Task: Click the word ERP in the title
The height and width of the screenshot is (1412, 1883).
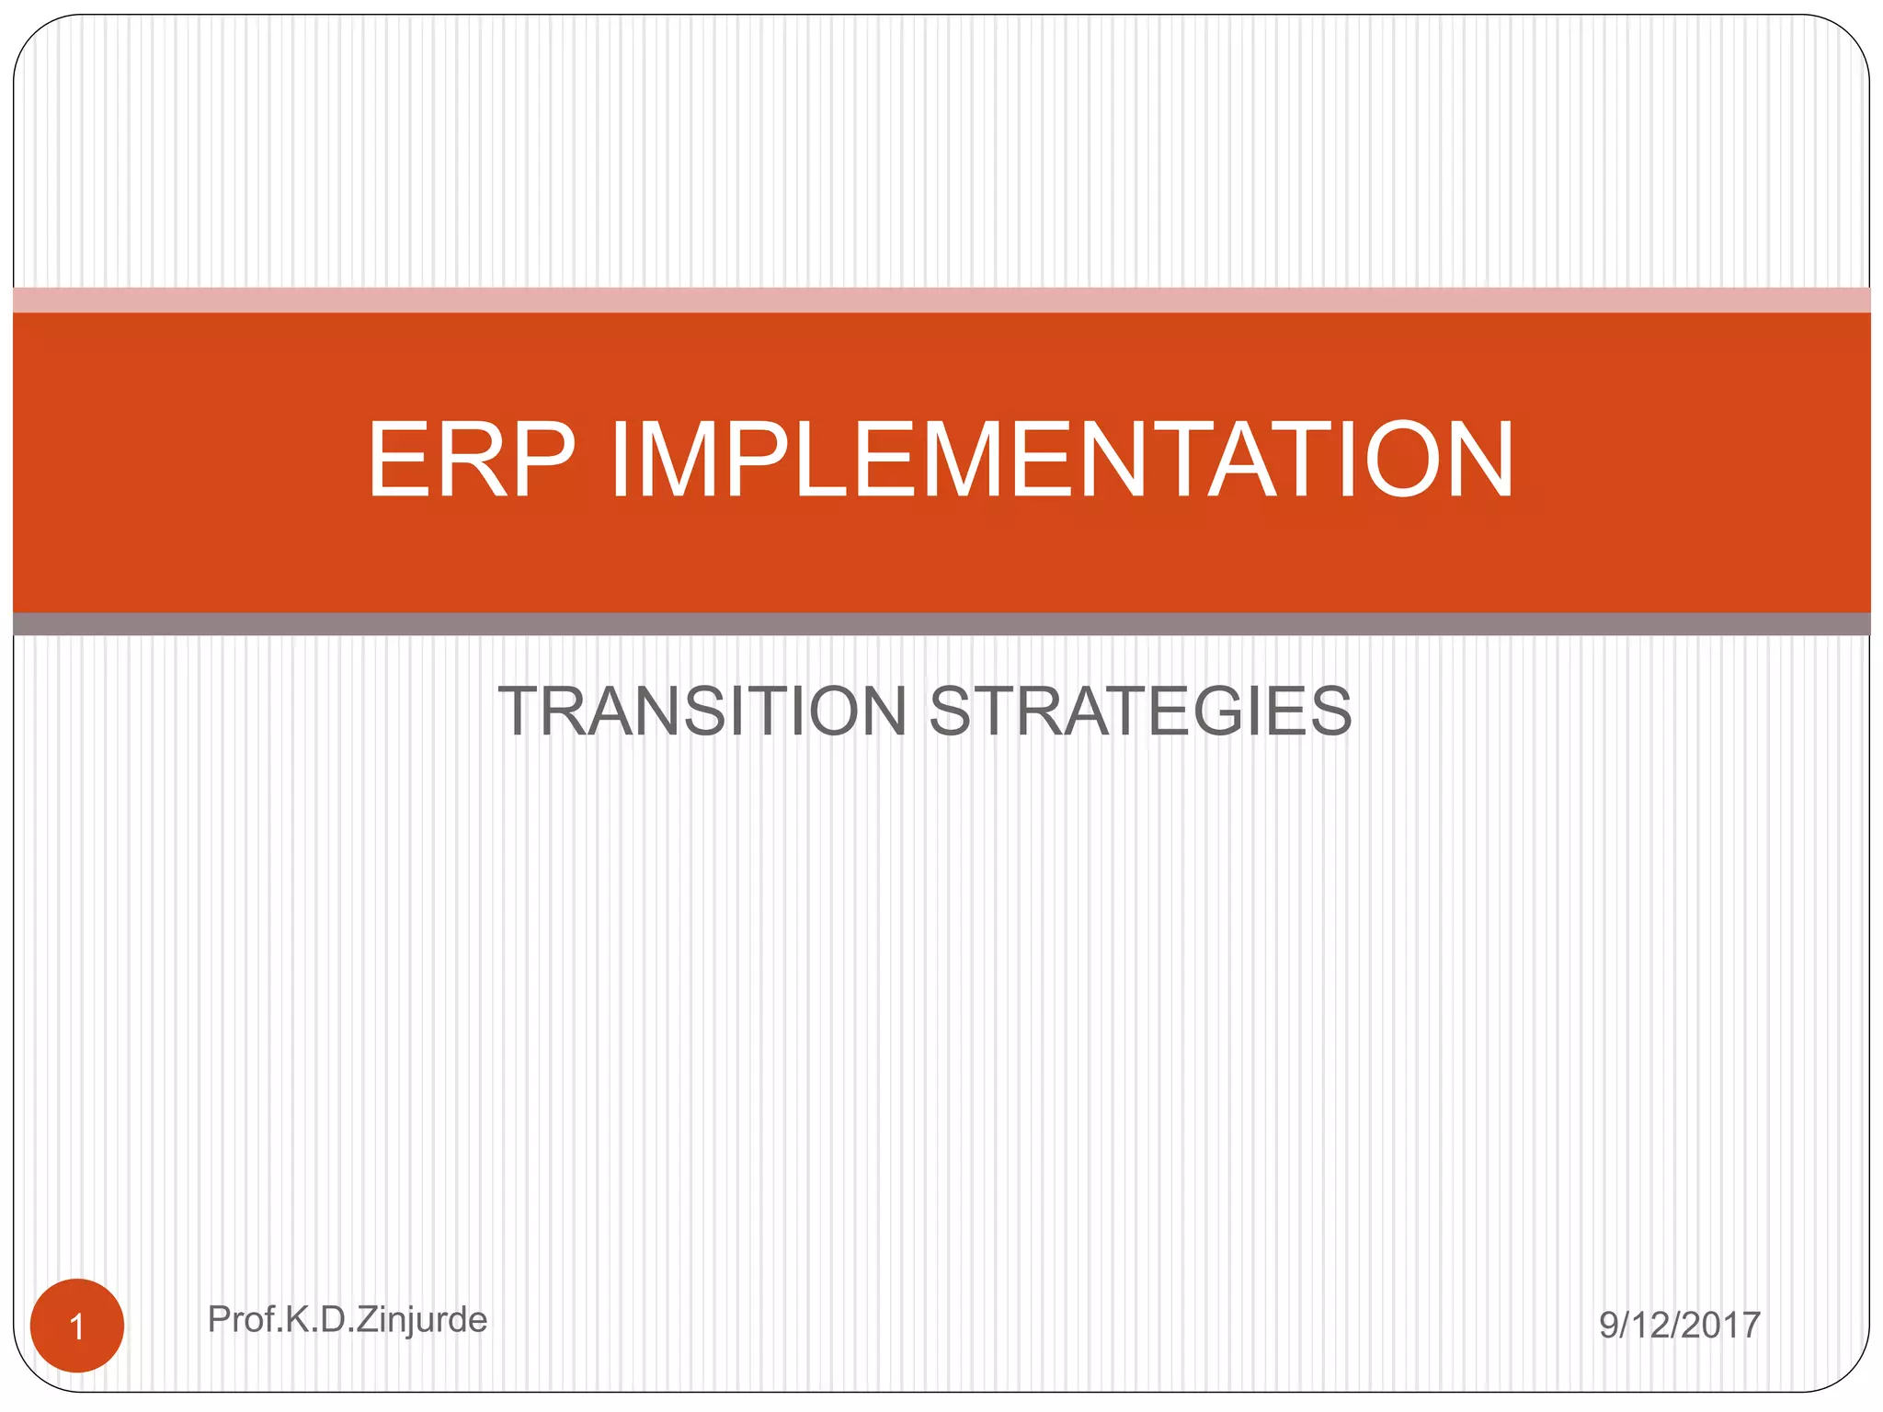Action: (x=472, y=460)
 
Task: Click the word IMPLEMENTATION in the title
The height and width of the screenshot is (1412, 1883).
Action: (x=1062, y=460)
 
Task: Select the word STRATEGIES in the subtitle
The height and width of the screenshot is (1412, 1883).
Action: (x=1140, y=712)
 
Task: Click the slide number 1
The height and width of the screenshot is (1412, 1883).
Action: (x=77, y=1327)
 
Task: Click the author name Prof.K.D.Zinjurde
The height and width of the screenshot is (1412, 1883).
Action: (x=348, y=1320)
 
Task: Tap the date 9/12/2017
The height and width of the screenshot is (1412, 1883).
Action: (x=1680, y=1325)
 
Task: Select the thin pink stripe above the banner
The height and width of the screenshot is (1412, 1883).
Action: (x=941, y=300)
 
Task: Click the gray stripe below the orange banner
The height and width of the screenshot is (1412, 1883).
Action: (x=941, y=624)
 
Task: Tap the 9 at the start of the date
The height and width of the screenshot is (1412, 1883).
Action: (x=1609, y=1325)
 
